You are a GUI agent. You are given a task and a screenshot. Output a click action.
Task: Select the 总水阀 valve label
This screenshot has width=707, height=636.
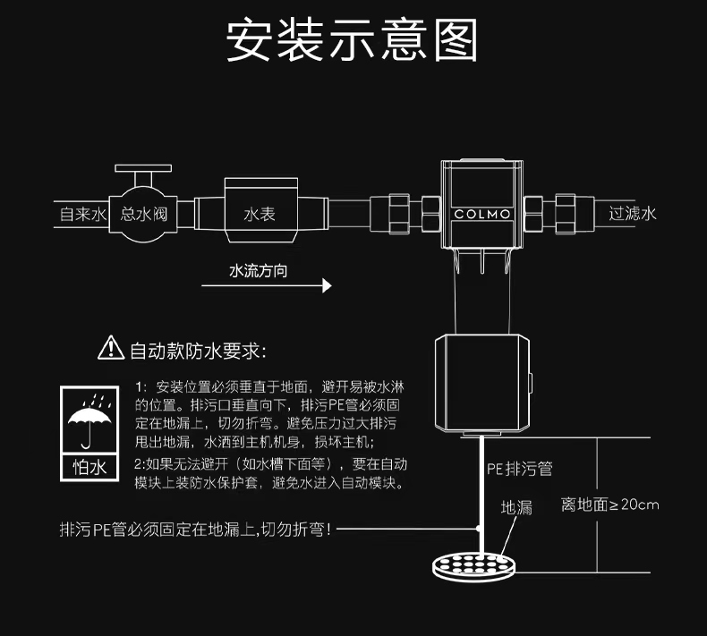pos(143,214)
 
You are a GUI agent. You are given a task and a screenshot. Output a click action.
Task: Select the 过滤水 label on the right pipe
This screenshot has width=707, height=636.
pos(632,214)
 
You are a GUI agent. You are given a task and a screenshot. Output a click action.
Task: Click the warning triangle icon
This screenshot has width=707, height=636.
pos(110,347)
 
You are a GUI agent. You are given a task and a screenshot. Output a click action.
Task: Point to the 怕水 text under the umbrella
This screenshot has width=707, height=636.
pos(89,467)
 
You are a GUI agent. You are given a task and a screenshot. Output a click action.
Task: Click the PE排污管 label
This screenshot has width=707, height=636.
pos(520,468)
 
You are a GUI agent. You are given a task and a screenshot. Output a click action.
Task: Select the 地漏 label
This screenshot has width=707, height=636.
pos(516,507)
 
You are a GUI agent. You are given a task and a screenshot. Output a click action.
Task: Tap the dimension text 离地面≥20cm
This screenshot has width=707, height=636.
pos(609,505)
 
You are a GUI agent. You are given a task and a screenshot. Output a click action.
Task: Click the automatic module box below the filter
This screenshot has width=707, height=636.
pos(481,382)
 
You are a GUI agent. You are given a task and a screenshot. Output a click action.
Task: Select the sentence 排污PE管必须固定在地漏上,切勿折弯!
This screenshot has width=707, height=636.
pos(194,530)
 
